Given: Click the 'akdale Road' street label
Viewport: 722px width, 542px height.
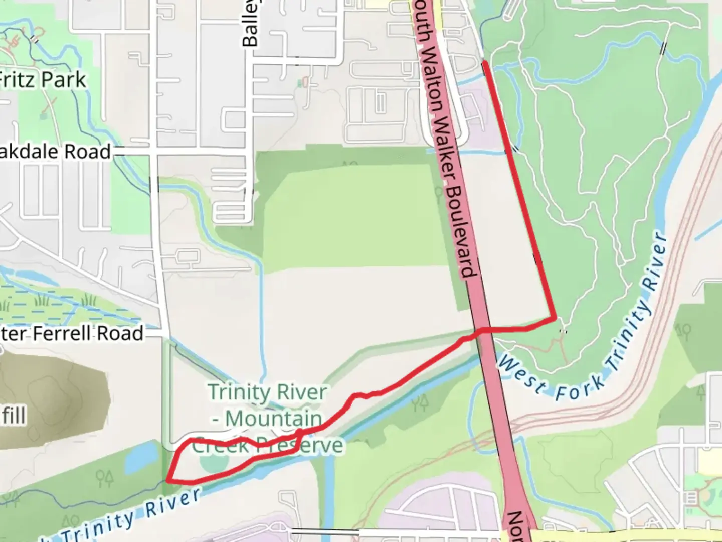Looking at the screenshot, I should coord(55,152).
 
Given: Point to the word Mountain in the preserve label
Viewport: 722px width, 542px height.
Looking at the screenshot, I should coord(273,418).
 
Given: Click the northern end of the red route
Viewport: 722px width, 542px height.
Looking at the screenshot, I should coord(484,62).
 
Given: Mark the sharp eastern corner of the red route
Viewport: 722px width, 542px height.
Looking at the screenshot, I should coord(555,318).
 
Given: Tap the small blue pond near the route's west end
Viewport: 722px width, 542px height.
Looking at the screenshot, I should coord(137,457).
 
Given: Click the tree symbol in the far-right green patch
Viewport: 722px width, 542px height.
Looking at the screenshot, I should coord(684,331).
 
